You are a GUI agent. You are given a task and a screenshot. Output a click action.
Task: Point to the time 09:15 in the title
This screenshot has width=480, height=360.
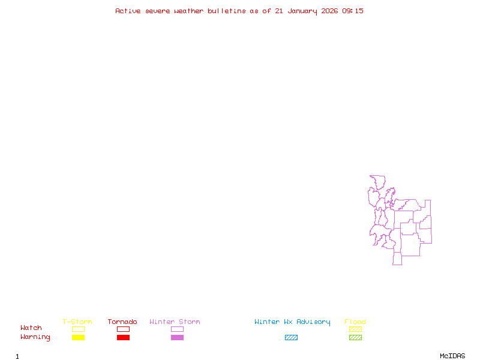pos(353,11)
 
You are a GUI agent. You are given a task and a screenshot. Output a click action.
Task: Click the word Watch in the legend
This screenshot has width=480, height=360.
pos(31,328)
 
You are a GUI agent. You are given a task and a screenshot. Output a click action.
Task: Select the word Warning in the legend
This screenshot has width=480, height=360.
pos(35,337)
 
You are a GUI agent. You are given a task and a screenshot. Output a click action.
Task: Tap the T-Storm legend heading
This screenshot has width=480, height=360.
pos(77,322)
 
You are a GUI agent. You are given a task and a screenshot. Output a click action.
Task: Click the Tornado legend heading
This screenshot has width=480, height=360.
pos(122,322)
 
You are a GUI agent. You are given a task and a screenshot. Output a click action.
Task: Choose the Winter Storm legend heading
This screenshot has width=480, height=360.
pos(175,322)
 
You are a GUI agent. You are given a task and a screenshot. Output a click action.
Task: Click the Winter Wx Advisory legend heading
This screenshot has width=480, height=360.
pos(292,322)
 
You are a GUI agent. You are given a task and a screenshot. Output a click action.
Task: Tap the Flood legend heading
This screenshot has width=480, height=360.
pos(355,322)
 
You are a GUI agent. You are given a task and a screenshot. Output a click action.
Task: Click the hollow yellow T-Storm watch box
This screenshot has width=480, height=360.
pos(78,329)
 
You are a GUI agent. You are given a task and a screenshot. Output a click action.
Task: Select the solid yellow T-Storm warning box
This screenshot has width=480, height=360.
pos(78,338)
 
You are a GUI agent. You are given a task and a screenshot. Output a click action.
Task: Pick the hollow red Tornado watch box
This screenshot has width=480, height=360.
pos(123,329)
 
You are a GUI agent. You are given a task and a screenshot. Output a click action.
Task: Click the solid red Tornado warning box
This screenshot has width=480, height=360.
pos(123,338)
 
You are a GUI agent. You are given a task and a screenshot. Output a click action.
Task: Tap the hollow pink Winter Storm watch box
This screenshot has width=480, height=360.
pos(177,329)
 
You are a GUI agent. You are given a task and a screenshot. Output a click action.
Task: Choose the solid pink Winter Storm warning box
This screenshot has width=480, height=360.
pos(177,338)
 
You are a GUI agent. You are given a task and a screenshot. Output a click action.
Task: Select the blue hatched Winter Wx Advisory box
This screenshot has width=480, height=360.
pos(291,338)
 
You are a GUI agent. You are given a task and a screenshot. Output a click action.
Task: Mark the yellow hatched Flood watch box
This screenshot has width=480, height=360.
pos(355,329)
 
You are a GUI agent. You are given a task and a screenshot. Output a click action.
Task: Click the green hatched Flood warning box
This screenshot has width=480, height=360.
pos(355,338)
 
